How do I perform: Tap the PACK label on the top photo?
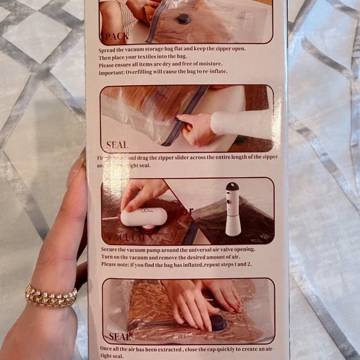coord(115,35)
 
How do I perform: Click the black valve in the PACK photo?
coord(184,19)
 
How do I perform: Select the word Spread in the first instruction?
coord(109,48)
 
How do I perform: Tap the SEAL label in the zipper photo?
coord(117,145)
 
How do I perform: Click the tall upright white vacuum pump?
coord(233,209)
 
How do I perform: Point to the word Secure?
coord(111,250)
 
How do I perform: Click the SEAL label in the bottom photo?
coord(120,337)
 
